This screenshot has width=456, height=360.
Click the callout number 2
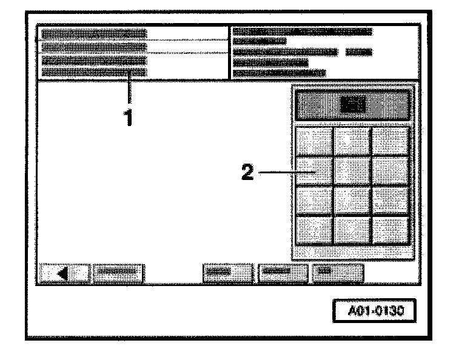(247, 173)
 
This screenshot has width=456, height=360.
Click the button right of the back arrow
(118, 274)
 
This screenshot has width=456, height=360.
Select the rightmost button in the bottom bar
(337, 274)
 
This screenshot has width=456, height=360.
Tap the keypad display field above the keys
(352, 105)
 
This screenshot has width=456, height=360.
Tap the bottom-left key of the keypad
(315, 229)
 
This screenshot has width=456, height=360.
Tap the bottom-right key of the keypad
(390, 229)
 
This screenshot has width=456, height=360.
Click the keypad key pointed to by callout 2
(315, 171)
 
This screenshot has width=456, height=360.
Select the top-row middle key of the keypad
(352, 141)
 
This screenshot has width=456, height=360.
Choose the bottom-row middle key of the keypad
(352, 229)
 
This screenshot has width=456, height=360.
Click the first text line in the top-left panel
(95, 32)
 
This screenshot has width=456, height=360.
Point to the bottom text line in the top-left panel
(95, 72)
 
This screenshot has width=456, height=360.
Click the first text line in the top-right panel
(302, 31)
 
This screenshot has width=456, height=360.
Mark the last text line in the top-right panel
(279, 73)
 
